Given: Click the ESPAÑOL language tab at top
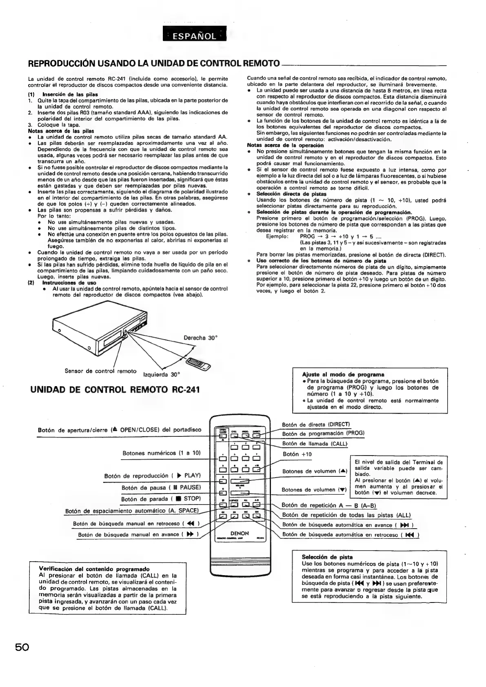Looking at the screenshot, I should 194,36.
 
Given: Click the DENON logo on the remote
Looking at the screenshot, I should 240,533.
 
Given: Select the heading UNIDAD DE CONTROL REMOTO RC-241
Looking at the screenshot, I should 115,389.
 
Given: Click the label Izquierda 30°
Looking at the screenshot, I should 162,374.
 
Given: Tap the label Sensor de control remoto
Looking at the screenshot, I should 100,371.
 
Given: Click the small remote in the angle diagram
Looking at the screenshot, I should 197,362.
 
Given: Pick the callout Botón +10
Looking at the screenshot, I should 297,454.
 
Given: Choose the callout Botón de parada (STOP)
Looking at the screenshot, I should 161,499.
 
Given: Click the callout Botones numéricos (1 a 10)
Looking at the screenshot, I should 162,453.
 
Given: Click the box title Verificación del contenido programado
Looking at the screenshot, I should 94,569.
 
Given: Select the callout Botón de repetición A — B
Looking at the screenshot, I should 323,505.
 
